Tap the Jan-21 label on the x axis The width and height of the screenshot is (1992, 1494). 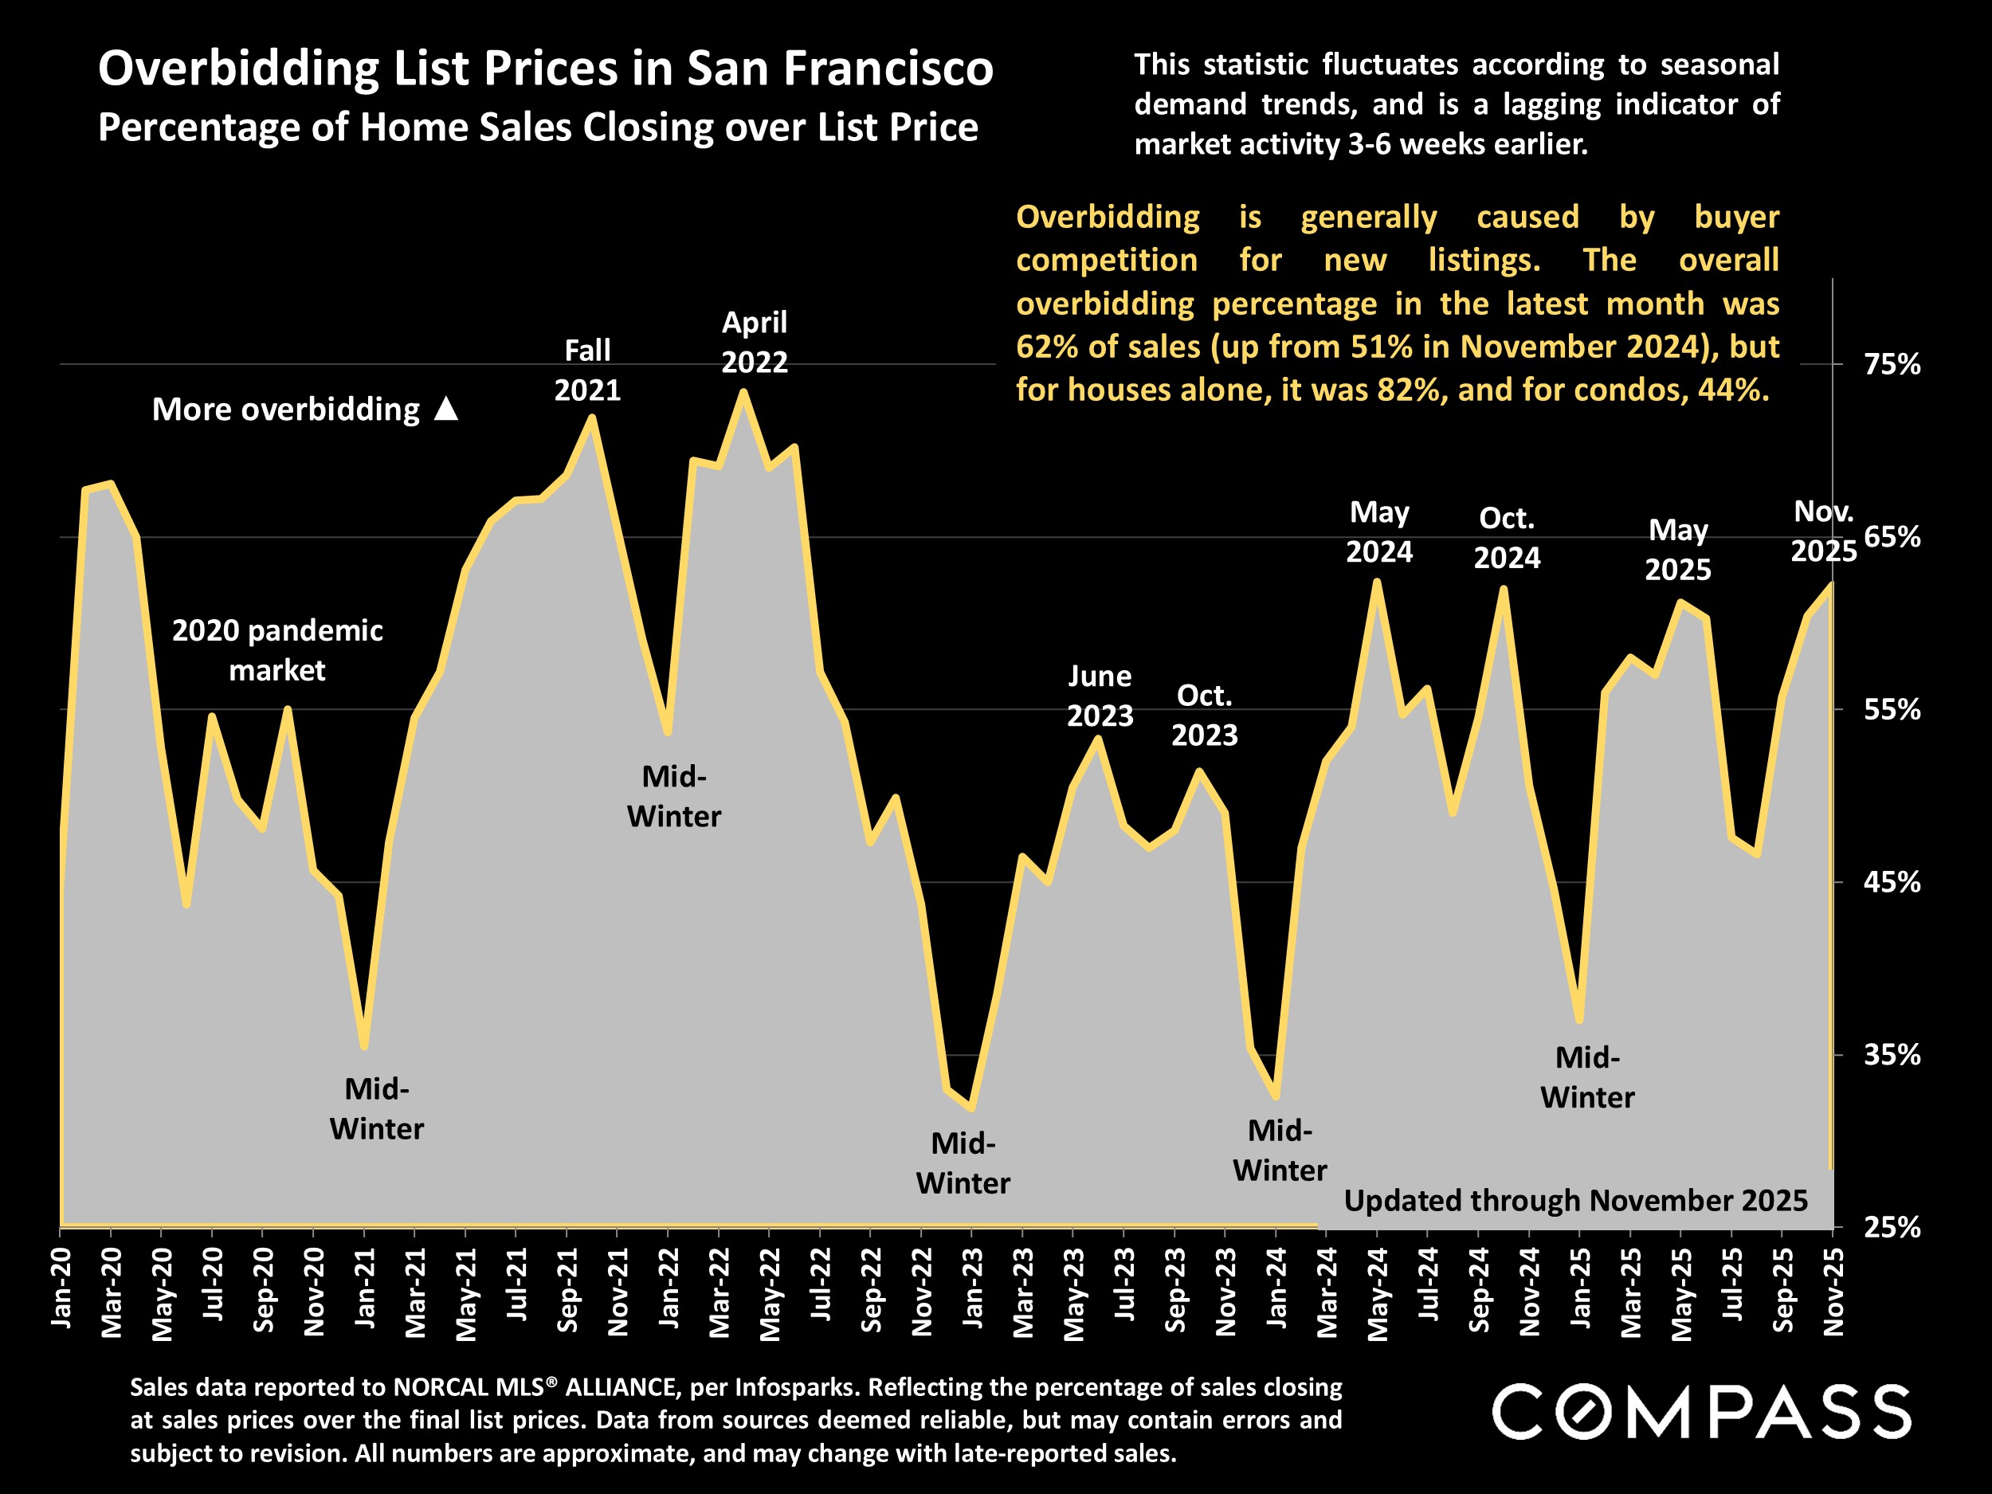click(x=365, y=1287)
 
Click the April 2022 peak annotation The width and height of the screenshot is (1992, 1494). click(x=755, y=342)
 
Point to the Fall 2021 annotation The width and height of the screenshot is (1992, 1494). click(x=587, y=371)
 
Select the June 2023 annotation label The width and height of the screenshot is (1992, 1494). click(x=1100, y=696)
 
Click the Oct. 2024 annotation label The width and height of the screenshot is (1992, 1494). click(x=1507, y=538)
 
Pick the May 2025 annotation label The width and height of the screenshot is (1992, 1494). click(x=1678, y=549)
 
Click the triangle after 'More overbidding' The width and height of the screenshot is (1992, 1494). click(x=445, y=410)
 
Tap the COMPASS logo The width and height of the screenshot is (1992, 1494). click(x=1702, y=1412)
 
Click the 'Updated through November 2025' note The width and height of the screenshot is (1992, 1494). click(x=1575, y=1201)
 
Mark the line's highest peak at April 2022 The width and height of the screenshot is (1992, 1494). click(x=743, y=392)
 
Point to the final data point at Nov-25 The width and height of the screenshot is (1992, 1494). click(x=1831, y=586)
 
